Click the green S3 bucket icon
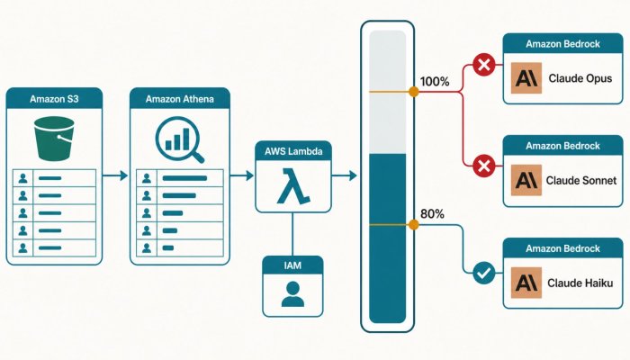tap(54, 139)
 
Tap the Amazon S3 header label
tap(54, 99)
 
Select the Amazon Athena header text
tap(180, 99)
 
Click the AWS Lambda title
tap(293, 151)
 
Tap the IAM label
tap(292, 265)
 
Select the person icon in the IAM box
tap(292, 294)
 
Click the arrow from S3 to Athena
tap(115, 175)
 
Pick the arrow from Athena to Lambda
tap(242, 175)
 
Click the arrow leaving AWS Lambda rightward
tap(345, 175)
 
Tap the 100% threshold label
tap(435, 82)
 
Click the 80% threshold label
tap(432, 214)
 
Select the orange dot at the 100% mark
tap(413, 92)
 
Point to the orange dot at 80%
tap(413, 225)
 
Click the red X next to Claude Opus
tap(484, 65)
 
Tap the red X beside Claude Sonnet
tap(484, 166)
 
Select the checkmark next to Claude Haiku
tap(484, 274)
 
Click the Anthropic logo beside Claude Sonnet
tap(526, 180)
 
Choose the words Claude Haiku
tap(580, 283)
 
